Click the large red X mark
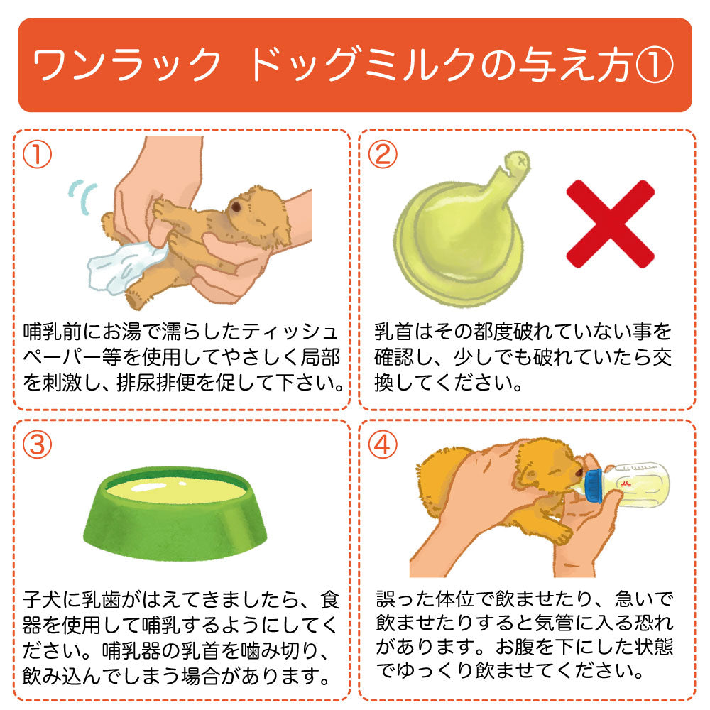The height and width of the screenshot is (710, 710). click(611, 224)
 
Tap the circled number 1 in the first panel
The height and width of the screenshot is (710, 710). click(37, 154)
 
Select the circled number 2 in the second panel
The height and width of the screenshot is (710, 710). click(383, 154)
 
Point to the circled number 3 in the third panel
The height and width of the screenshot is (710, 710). click(37, 444)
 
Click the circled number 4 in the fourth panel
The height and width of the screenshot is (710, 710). click(383, 444)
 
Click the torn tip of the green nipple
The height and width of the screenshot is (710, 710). click(517, 164)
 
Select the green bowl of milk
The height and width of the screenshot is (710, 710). click(175, 513)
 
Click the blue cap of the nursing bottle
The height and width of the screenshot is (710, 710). click(593, 486)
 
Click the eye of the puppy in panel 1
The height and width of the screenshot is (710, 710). click(236, 207)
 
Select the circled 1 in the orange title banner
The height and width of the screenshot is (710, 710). click(655, 65)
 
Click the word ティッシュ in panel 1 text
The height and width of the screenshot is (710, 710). click(290, 332)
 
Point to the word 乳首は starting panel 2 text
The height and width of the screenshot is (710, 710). click(403, 332)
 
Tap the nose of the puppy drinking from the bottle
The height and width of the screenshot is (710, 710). click(579, 472)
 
